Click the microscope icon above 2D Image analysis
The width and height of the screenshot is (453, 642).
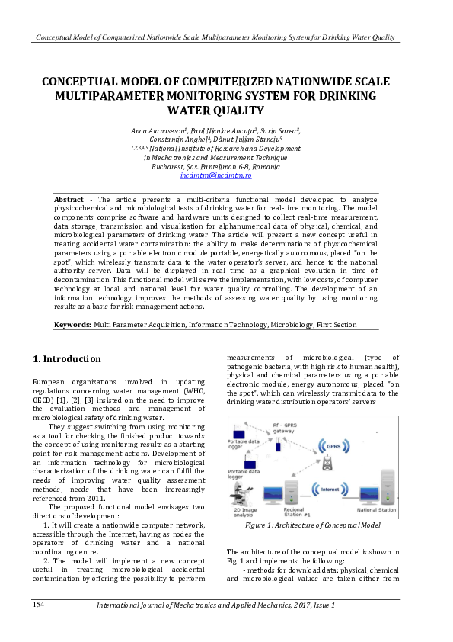[x=247, y=494]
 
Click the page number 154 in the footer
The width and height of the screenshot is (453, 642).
[x=40, y=604]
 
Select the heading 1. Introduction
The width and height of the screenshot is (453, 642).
[x=68, y=358]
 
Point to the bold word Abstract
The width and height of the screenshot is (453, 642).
[x=69, y=199]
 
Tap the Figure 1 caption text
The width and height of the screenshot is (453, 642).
[x=312, y=525]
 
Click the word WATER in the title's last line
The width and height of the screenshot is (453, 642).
[x=187, y=111]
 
